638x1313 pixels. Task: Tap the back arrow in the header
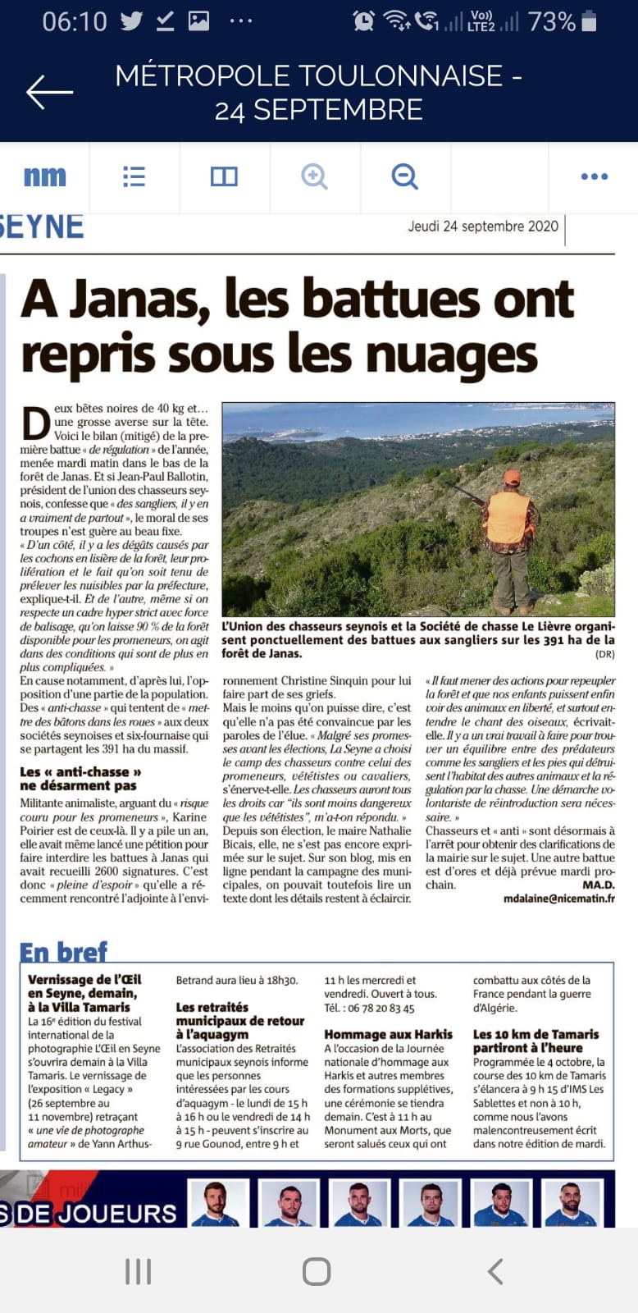coord(49,92)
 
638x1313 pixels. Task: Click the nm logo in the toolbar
coord(44,176)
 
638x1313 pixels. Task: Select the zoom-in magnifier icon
coord(314,176)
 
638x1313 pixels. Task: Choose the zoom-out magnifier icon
coord(404,176)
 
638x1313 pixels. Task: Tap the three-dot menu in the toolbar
coord(594,176)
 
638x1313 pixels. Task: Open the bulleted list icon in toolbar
coord(134,176)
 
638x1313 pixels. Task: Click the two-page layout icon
coord(224,176)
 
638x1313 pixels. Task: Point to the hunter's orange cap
coord(512,477)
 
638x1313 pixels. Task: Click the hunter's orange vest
coord(508,518)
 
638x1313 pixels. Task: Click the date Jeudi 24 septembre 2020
coord(483,226)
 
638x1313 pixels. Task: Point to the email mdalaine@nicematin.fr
coord(558,899)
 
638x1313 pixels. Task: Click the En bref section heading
coord(63,952)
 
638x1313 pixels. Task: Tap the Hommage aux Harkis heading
coord(388,1035)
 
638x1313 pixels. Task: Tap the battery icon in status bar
coord(589,21)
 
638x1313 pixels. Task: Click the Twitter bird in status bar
coord(131,21)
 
